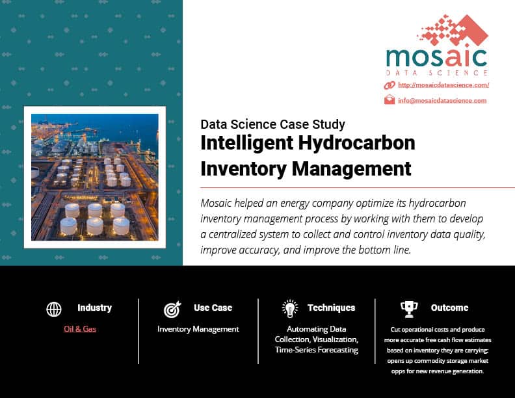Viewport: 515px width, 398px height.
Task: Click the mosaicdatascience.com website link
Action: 443,85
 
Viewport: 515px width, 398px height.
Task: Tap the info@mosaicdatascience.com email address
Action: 442,101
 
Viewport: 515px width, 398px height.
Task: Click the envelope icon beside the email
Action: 390,99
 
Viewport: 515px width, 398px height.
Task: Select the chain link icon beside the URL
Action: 390,85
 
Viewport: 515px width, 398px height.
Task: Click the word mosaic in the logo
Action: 436,58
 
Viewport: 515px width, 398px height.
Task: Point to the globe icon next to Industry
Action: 54,309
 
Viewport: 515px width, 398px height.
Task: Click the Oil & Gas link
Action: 80,328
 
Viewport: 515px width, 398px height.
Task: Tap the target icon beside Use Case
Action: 172,309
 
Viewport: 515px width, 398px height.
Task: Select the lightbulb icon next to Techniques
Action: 290,309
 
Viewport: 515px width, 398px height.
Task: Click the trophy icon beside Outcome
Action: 409,309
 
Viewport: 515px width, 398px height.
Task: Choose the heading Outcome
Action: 449,308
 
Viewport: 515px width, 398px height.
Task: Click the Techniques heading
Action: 332,308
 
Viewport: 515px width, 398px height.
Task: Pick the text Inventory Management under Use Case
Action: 198,329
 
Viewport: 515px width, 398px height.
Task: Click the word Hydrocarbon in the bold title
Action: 357,143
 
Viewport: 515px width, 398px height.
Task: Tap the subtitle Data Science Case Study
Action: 272,124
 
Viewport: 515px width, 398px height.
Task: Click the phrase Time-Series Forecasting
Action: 317,350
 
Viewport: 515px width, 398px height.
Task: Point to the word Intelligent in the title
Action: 247,143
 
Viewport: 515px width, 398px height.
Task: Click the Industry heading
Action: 94,308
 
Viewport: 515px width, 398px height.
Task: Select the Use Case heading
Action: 213,308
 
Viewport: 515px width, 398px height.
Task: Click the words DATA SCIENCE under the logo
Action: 436,73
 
